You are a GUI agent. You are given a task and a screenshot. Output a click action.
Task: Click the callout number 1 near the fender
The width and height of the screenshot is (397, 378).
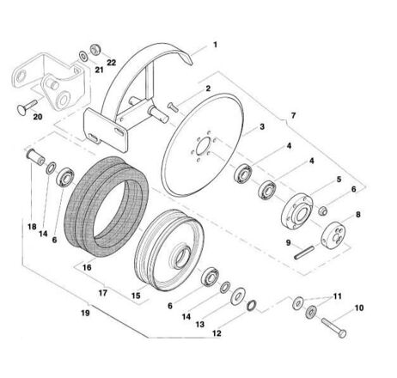click(x=215, y=45)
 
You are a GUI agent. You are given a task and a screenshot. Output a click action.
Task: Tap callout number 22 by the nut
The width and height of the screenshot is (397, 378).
click(x=112, y=63)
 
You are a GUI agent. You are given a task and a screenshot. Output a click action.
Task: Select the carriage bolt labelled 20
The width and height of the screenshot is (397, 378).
click(x=27, y=107)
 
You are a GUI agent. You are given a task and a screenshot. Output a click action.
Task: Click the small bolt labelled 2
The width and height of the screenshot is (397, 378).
click(x=173, y=107)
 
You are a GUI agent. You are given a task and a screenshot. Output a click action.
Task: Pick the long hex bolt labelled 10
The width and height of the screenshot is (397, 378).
click(x=333, y=327)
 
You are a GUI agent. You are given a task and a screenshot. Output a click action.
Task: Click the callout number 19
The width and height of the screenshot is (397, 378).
click(x=85, y=313)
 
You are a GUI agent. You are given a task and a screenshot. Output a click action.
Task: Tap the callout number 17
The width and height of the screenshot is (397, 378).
click(x=103, y=293)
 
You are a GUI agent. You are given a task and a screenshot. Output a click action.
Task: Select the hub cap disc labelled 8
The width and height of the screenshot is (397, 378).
click(x=333, y=234)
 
